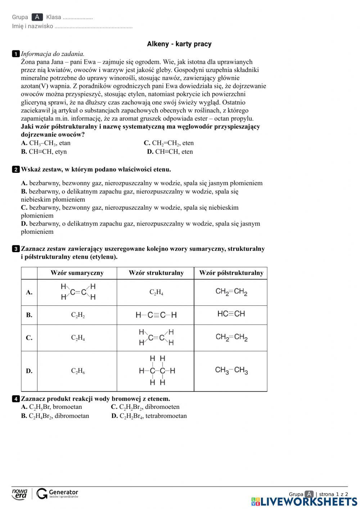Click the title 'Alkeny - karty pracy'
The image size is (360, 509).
pyautogui.click(x=179, y=44)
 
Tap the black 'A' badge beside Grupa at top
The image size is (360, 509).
pyautogui.click(x=37, y=17)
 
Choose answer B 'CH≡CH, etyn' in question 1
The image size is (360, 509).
pyautogui.click(x=44, y=152)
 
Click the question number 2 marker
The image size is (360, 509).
pyautogui.click(x=16, y=169)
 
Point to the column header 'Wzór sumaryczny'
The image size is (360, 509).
pyautogui.click(x=77, y=273)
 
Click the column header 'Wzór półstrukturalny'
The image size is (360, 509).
pyautogui.click(x=231, y=273)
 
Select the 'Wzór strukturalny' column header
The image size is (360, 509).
pyautogui.click(x=156, y=273)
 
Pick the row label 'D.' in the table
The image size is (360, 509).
pyautogui.click(x=29, y=371)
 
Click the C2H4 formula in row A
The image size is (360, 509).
pyautogui.click(x=156, y=293)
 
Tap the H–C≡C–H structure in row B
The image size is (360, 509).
pyautogui.click(x=156, y=315)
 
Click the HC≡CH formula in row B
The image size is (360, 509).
pyautogui.click(x=231, y=314)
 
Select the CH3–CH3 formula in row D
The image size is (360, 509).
pyautogui.click(x=231, y=370)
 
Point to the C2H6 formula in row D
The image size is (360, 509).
pyautogui.click(x=78, y=371)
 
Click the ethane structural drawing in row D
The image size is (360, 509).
pyautogui.click(x=157, y=371)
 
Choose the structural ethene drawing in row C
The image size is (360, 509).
pyautogui.click(x=156, y=338)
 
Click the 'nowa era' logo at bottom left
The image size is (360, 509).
pyautogui.click(x=19, y=494)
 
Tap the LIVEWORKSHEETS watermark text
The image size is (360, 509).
pyautogui.click(x=309, y=501)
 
